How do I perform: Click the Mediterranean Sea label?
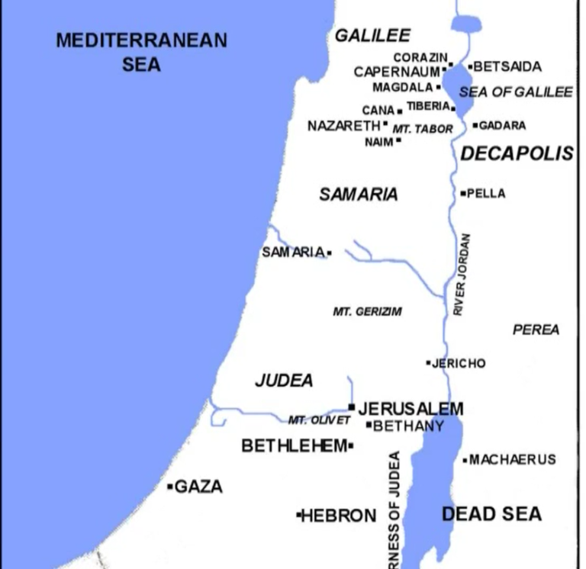coord(141,52)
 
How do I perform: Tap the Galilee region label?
coord(372,35)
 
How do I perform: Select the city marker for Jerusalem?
coord(352,407)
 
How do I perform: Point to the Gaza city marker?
coord(170,486)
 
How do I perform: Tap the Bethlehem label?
coord(294,445)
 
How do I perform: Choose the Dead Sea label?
coord(491,513)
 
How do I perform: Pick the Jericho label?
coord(458,363)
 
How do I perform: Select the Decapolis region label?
coord(517,153)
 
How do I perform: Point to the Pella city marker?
coord(463,194)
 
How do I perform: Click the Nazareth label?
coord(343,126)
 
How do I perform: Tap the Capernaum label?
coord(397,72)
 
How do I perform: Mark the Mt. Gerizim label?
coord(367,311)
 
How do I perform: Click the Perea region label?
coord(536,330)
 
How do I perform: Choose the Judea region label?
coord(284,380)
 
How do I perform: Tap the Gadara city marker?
coord(475,125)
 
